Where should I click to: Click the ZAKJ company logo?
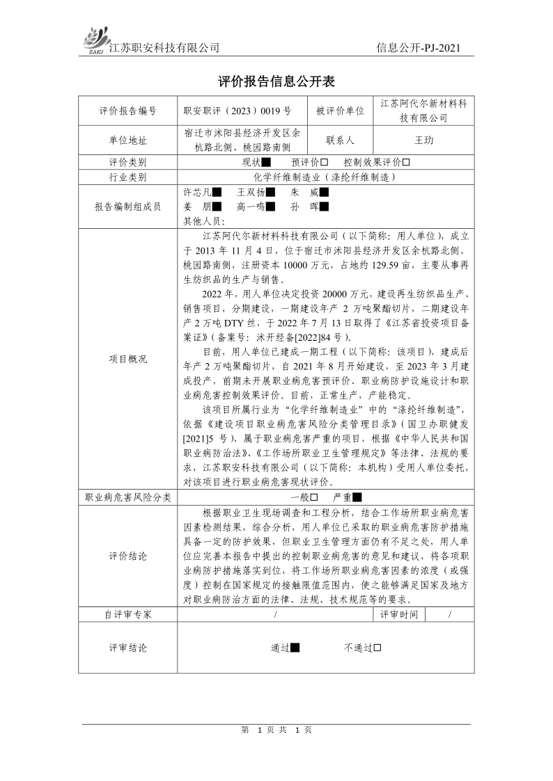point(96,39)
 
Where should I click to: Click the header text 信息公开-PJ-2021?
point(417,48)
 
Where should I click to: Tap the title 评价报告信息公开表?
point(276,82)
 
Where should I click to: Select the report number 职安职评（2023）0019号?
point(237,111)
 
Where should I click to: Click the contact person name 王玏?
point(423,140)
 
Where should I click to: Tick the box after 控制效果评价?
point(406,162)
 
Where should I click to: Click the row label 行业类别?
point(127,177)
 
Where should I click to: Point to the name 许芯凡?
point(196,191)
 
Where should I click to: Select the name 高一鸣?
point(250,207)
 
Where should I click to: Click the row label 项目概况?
point(127,359)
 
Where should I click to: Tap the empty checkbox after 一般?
point(314,497)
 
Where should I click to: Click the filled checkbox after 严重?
point(357,497)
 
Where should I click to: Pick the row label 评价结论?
point(127,556)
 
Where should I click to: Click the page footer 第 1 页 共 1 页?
point(276,730)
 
